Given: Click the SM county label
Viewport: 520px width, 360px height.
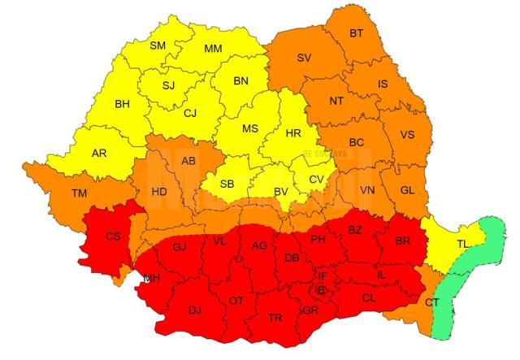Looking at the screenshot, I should (x=158, y=46).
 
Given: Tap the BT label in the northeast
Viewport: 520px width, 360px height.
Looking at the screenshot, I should (x=356, y=33).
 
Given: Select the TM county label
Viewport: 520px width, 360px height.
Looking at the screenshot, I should (x=79, y=193).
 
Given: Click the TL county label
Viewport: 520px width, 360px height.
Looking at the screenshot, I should (x=462, y=244).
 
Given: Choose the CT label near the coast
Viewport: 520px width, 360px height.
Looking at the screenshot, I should (x=431, y=302).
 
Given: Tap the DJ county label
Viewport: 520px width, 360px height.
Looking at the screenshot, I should (x=195, y=310).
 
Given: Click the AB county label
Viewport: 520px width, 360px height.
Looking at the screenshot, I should (x=188, y=161).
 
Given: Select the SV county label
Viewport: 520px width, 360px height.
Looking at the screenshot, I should (x=304, y=58).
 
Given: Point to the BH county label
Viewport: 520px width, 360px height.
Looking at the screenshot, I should (x=122, y=104).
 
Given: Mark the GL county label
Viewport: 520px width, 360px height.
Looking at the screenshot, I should (x=408, y=190).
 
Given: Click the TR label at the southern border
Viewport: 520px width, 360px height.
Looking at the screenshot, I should (x=275, y=317).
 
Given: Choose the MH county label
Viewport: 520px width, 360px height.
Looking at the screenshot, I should (x=152, y=278).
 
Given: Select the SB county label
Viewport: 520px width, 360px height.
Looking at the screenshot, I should (x=227, y=184).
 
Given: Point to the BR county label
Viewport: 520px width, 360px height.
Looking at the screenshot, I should (x=401, y=241).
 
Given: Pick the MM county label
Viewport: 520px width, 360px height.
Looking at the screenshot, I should (x=213, y=49).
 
